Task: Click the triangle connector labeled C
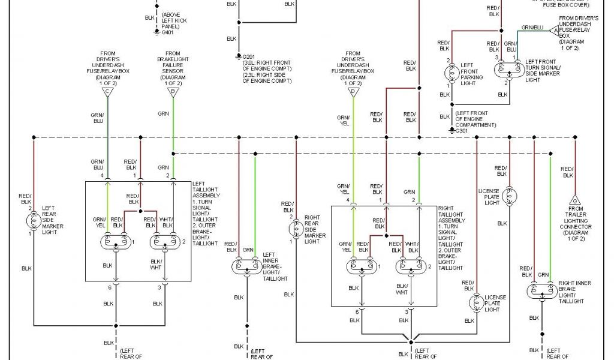[x=108, y=92]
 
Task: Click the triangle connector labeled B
[x=173, y=92]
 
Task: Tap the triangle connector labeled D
[x=353, y=92]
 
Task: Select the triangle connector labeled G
[x=574, y=200]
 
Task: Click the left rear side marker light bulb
[x=34, y=220]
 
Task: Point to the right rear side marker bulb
[x=296, y=229]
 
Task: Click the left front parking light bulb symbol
[x=451, y=73]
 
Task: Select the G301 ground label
[x=460, y=130]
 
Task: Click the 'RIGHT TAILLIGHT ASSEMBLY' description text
[x=452, y=236]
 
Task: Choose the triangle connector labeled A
[x=555, y=29]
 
